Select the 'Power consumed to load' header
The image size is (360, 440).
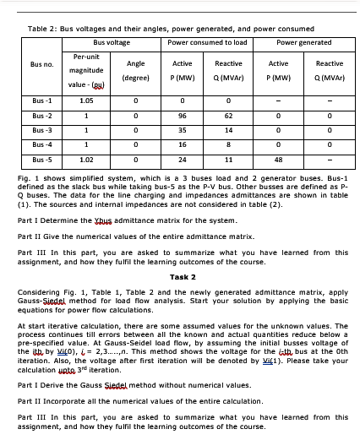click(207, 41)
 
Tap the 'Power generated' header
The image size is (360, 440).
click(303, 41)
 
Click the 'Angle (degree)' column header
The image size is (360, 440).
click(135, 69)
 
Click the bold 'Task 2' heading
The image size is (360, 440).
click(183, 276)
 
